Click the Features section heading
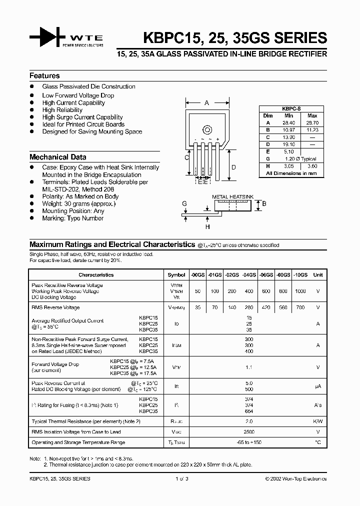point(44,76)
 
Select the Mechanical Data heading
point(57,157)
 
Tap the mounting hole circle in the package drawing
point(207,131)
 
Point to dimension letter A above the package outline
point(206,103)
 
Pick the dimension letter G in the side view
point(184,204)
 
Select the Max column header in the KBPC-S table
point(312,115)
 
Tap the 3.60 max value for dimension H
point(312,165)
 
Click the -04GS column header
point(249,275)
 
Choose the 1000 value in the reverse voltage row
point(300,291)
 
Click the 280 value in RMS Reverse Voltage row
point(249,307)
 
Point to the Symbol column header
point(176,275)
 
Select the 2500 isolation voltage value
point(249,432)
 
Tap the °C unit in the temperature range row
point(317,442)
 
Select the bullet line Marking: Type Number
point(73,218)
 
